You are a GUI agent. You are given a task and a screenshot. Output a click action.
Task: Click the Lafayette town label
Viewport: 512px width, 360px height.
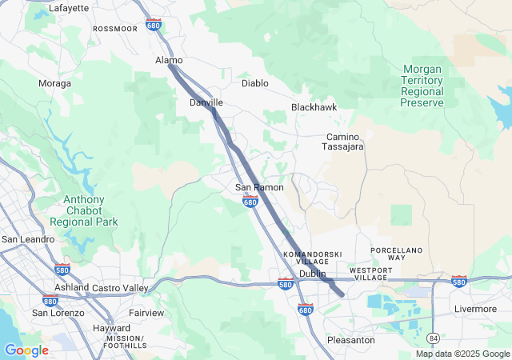click(x=69, y=8)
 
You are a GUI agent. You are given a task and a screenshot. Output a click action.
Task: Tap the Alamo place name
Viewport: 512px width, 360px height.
click(x=168, y=60)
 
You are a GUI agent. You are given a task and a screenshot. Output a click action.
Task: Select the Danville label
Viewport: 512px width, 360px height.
click(x=206, y=102)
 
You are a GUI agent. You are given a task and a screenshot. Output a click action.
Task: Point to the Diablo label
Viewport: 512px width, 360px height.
click(x=256, y=82)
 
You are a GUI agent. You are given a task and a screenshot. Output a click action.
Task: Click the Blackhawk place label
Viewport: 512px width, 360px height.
click(x=314, y=106)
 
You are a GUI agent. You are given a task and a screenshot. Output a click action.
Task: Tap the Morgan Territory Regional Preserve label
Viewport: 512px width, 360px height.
click(x=432, y=86)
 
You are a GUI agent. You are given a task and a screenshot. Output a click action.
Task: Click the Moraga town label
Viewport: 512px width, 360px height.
click(x=54, y=83)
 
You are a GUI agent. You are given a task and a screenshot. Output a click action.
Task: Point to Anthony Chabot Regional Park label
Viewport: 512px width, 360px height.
click(x=83, y=210)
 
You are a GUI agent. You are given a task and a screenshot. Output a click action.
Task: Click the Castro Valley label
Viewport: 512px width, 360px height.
click(x=120, y=287)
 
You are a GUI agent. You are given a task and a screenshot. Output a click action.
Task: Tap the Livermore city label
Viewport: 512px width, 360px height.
click(x=475, y=309)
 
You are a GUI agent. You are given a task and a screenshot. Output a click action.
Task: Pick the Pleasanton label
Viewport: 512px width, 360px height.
click(x=351, y=340)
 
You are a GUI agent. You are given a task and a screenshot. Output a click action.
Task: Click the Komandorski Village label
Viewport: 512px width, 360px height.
click(x=306, y=258)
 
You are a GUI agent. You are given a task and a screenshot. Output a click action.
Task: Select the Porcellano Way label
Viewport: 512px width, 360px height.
click(x=396, y=254)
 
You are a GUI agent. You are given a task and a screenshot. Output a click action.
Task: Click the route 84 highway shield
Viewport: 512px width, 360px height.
click(x=433, y=338)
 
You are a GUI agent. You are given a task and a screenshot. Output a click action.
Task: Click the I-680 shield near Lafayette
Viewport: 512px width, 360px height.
click(x=154, y=25)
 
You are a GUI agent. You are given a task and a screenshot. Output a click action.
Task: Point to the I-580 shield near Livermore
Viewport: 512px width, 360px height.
click(x=459, y=281)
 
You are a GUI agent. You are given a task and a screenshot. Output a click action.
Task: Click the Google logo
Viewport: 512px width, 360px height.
click(x=26, y=350)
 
